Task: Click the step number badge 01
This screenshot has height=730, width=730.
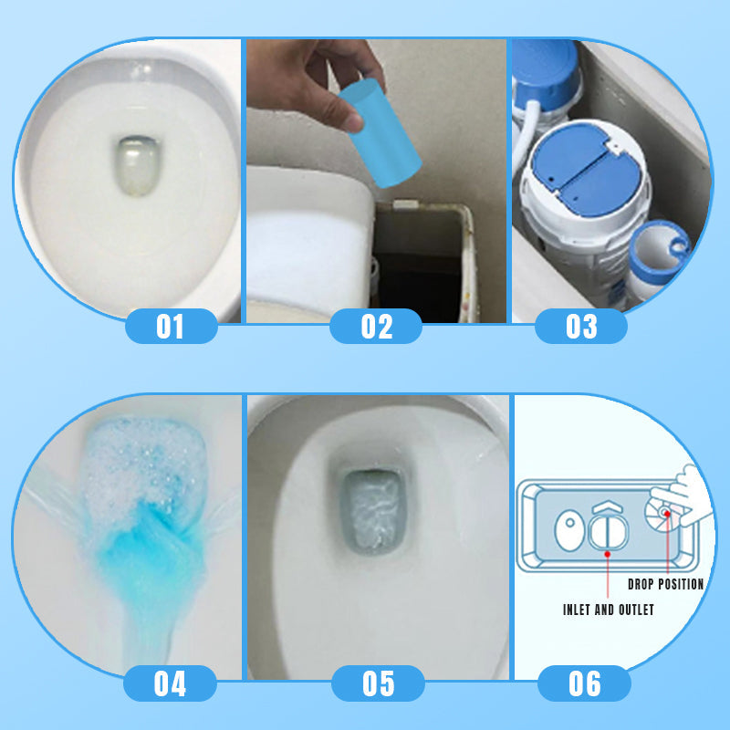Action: tap(171, 326)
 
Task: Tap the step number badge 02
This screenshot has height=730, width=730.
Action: tap(376, 326)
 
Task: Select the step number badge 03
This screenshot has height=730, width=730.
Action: tap(581, 326)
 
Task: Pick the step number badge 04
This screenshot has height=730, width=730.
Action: tap(171, 683)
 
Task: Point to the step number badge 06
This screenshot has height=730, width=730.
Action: tap(584, 683)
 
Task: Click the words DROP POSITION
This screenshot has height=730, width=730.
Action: tap(665, 584)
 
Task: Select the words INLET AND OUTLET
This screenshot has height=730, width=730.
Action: tap(608, 610)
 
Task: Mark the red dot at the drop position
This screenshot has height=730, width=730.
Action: tap(668, 514)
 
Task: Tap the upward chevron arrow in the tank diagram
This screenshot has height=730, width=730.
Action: tap(606, 506)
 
